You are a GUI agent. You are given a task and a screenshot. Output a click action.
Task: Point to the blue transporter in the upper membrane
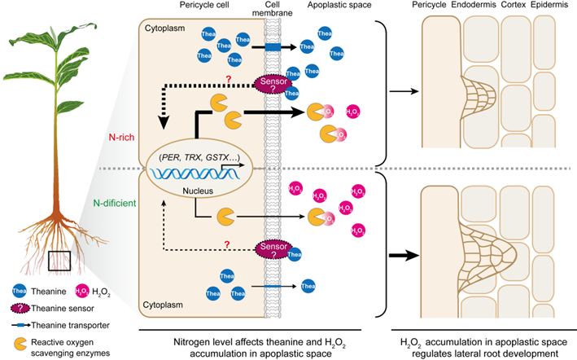pos(269,47)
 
